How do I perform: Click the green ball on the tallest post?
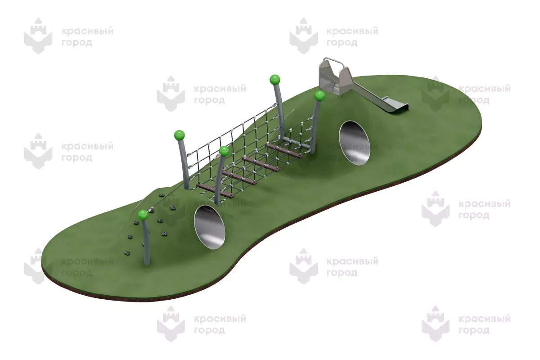[x=275, y=80]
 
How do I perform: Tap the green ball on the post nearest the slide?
[x=319, y=95]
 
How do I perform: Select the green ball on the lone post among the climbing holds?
[x=143, y=215]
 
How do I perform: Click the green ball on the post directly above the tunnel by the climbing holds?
[x=224, y=151]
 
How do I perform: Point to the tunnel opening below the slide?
[x=355, y=143]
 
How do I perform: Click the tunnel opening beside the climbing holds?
[x=210, y=227]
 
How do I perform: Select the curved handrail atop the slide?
[x=334, y=62]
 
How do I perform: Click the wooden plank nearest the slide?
[x=284, y=150]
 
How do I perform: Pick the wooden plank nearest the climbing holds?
[x=215, y=191]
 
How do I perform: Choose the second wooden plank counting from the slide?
[x=261, y=164]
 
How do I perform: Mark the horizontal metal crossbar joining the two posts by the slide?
[x=297, y=143]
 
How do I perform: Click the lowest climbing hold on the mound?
[x=127, y=253]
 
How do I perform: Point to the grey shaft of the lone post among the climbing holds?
[x=146, y=242]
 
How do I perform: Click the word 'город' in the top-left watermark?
[x=77, y=43]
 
